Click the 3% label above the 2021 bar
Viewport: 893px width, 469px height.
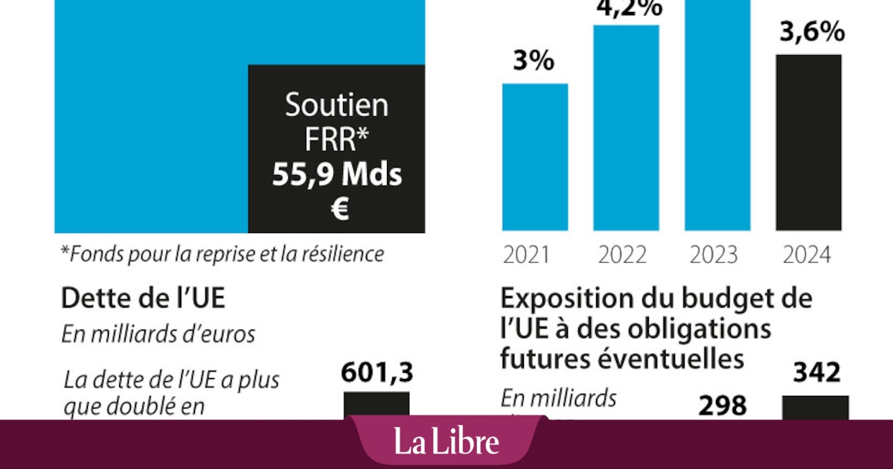[x=534, y=61]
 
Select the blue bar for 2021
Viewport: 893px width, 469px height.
[x=534, y=156]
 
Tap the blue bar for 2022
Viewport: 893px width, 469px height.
[x=626, y=127]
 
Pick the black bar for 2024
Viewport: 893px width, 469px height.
[x=809, y=141]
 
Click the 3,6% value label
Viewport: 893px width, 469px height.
[x=809, y=33]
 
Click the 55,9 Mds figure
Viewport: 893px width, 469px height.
[x=336, y=176]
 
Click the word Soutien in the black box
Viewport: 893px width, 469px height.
[x=336, y=106]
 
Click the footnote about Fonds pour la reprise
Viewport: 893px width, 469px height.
[x=222, y=254]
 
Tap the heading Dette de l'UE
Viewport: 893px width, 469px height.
[x=142, y=299]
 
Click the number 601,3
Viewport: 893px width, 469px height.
[x=377, y=372]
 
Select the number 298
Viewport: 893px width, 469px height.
[x=722, y=406]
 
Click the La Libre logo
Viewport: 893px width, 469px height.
[x=446, y=443]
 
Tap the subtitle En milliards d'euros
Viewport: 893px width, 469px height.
[x=158, y=334]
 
